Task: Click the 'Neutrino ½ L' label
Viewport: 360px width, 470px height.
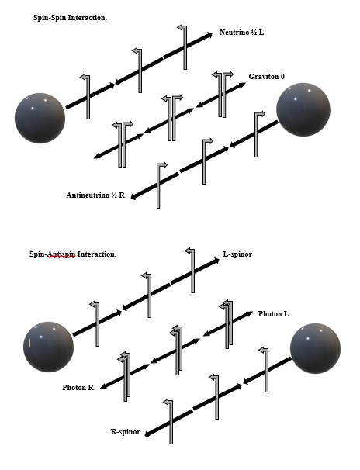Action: (241, 32)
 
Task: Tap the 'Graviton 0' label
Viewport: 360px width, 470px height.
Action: (266, 77)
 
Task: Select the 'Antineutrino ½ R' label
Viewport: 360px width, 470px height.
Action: (95, 195)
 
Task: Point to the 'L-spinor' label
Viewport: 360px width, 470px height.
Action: (237, 254)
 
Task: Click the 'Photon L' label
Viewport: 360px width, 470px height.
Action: (273, 314)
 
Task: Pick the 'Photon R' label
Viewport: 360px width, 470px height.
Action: (78, 388)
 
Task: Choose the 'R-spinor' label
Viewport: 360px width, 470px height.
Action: (125, 432)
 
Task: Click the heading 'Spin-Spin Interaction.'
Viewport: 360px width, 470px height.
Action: (70, 18)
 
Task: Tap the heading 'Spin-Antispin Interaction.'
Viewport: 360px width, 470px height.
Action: (73, 254)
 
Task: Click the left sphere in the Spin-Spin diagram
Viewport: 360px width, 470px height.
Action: (40, 118)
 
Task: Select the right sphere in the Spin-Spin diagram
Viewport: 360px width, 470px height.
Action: (303, 109)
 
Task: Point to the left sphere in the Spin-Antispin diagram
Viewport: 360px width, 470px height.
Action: (48, 347)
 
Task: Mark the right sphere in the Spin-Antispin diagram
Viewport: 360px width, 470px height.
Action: (315, 348)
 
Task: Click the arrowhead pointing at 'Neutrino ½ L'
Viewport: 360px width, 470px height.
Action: (209, 35)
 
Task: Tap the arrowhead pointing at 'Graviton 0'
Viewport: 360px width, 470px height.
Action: (242, 85)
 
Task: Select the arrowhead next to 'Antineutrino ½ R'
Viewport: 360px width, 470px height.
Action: (134, 197)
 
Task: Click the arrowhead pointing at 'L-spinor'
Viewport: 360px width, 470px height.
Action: (216, 261)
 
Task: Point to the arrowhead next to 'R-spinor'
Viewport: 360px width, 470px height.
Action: (147, 434)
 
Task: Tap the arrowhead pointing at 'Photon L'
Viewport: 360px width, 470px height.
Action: (249, 313)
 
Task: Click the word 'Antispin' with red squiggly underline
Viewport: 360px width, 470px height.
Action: (61, 254)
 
